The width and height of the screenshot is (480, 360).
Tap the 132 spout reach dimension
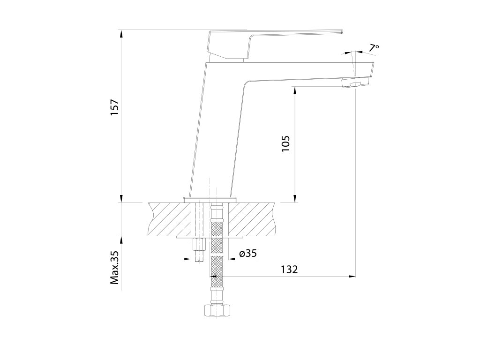289,270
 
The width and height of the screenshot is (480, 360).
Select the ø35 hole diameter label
248,254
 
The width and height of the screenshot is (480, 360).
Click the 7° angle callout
374,48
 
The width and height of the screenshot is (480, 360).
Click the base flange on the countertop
209,200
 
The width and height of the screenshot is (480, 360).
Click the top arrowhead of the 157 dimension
121,34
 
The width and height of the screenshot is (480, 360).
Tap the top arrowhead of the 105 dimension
295,90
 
